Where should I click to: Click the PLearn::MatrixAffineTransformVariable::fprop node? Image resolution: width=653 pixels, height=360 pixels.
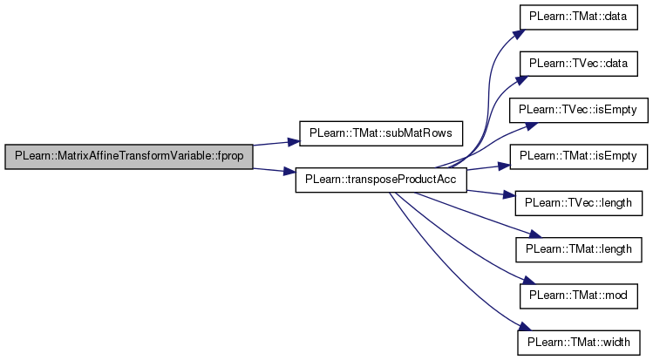click(x=128, y=157)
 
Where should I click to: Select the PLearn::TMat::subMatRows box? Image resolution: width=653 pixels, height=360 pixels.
click(x=381, y=137)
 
